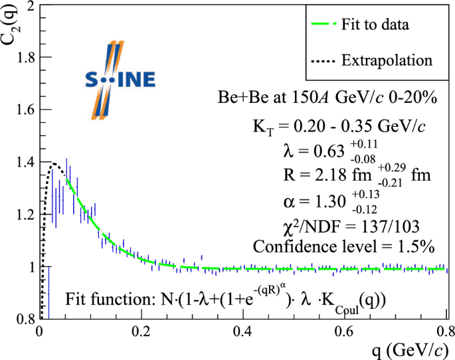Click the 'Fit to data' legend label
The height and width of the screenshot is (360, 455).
pyautogui.click(x=375, y=26)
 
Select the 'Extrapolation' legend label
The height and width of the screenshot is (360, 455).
pyautogui.click(x=386, y=60)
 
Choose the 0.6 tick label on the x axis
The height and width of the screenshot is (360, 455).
pyautogui.click(x=344, y=331)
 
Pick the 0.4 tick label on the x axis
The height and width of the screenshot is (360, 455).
pyautogui.click(x=242, y=331)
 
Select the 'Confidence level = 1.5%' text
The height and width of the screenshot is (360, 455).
pyautogui.click(x=343, y=246)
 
